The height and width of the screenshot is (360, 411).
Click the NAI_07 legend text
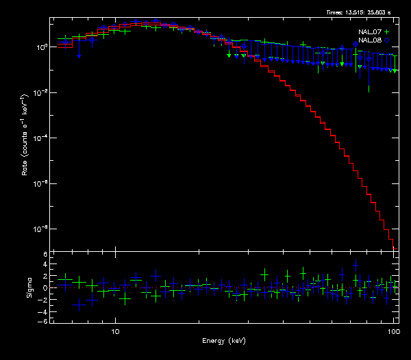pyautogui.click(x=369, y=32)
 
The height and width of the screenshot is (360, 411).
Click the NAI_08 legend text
pyautogui.click(x=369, y=40)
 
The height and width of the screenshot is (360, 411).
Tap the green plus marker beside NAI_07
pyautogui.click(x=387, y=32)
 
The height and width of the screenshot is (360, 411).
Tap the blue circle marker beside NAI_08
pyautogui.click(x=387, y=40)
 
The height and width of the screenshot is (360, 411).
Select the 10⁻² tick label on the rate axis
pyautogui.click(x=40, y=92)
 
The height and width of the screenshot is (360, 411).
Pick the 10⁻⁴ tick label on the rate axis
pyautogui.click(x=40, y=138)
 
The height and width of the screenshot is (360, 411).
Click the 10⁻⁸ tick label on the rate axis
pyautogui.click(x=40, y=229)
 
